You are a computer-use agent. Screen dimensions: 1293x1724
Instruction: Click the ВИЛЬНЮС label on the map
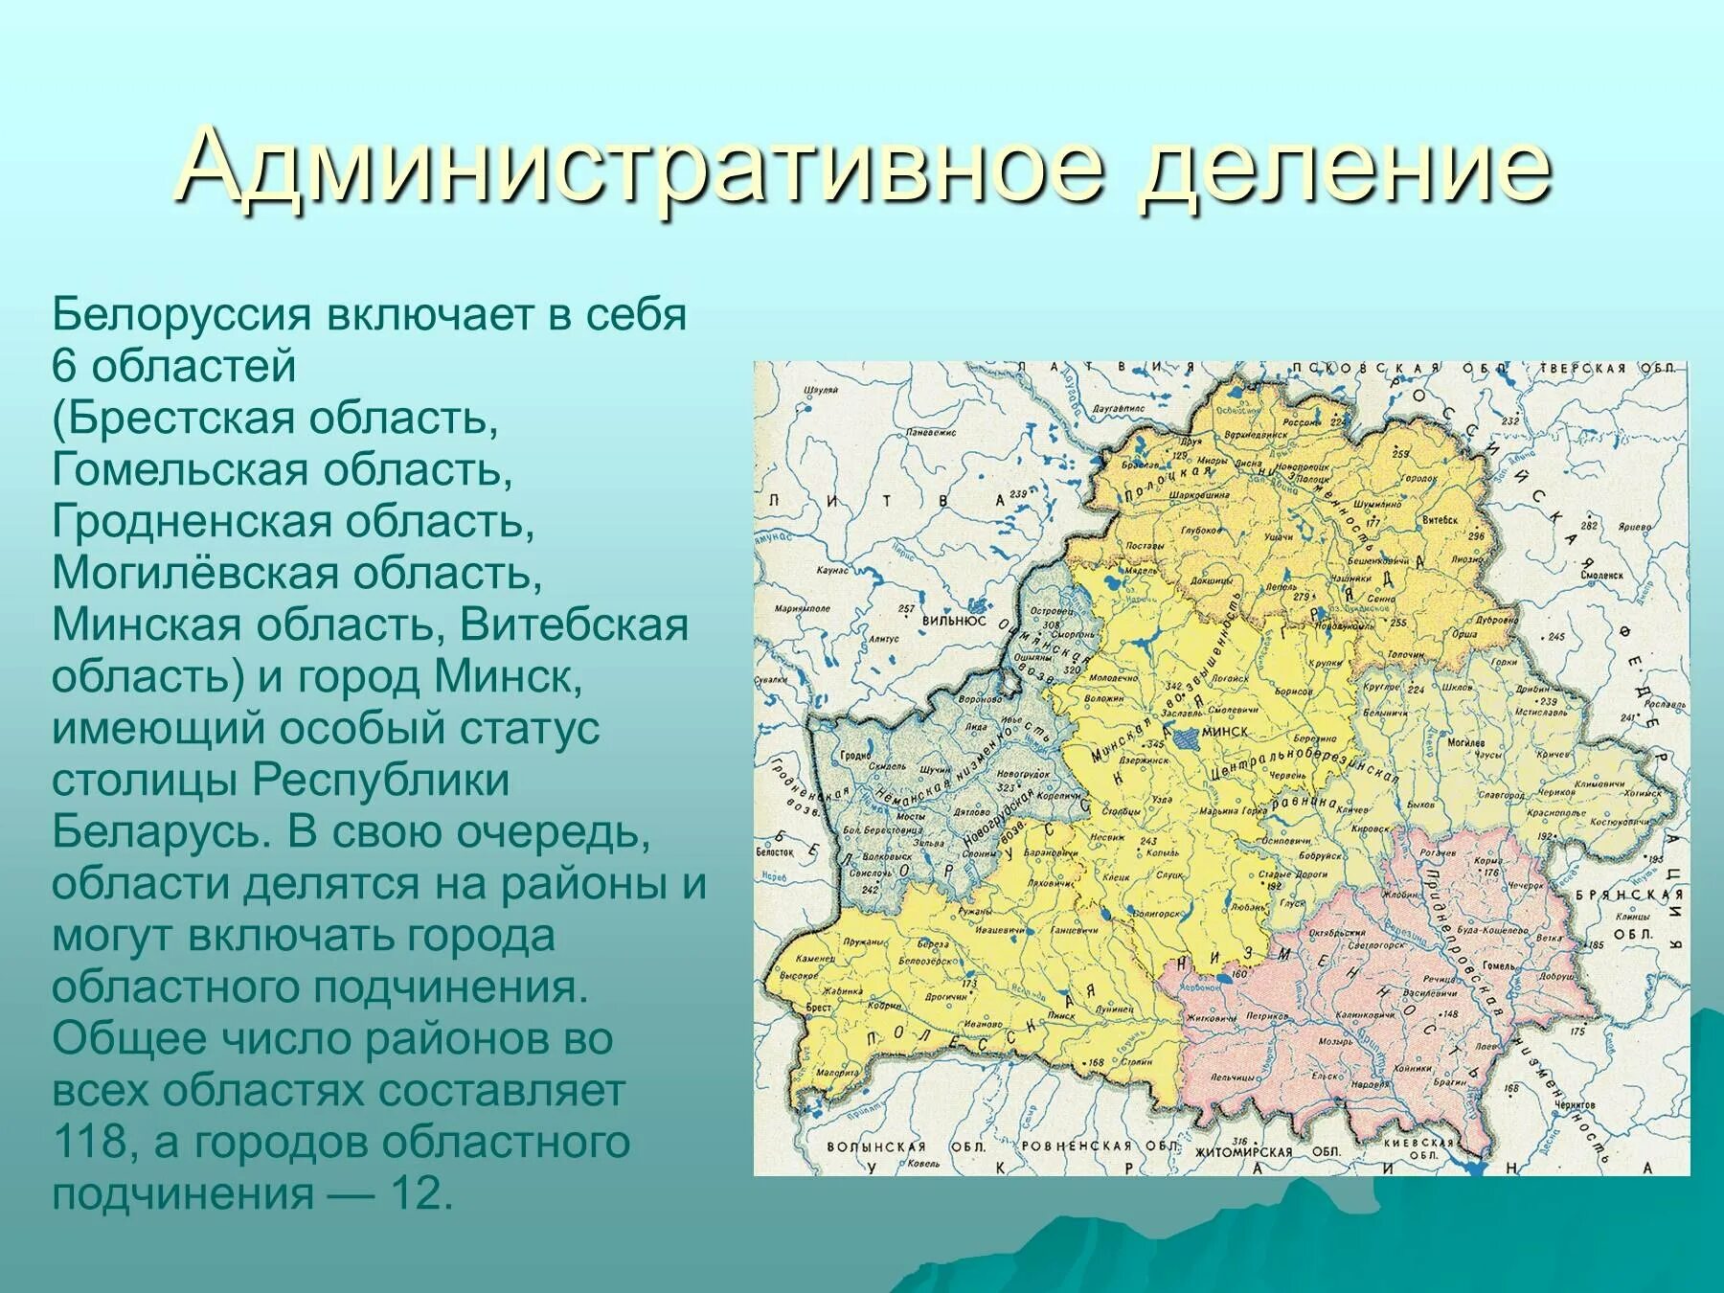pos(954,621)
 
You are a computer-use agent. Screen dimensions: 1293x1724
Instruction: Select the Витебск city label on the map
pos(1440,520)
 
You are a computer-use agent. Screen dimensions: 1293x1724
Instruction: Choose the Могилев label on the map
pos(1465,743)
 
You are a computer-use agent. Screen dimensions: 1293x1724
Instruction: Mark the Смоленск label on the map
pos(1602,576)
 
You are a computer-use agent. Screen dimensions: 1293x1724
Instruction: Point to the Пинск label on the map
pos(1060,1014)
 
